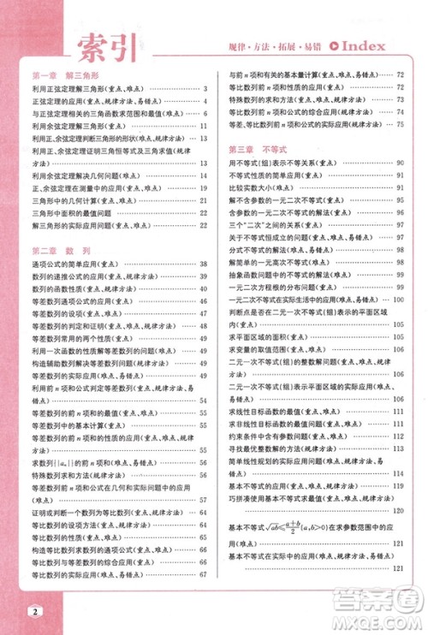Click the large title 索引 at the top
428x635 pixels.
[x=106, y=48]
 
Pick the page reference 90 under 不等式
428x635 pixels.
[x=400, y=162]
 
